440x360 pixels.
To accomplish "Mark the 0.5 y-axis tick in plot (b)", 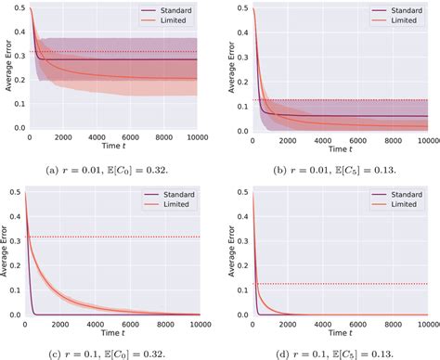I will tap(239, 8).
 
